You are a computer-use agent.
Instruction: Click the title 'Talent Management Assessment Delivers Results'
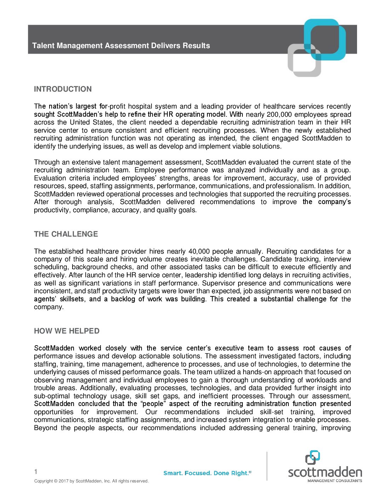coord(121,46)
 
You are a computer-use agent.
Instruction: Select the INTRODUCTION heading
coord(63,89)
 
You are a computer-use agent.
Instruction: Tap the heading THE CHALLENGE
coord(66,234)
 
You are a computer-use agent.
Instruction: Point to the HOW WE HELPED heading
coord(67,331)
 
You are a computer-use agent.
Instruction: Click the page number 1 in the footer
coord(36,471)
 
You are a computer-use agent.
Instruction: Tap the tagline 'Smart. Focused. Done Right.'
coord(207,473)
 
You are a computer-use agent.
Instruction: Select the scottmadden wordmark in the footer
coord(325,472)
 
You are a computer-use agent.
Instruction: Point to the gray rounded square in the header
coord(304,60)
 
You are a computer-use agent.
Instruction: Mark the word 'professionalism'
coord(291,186)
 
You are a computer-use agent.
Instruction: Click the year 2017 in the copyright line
coord(63,481)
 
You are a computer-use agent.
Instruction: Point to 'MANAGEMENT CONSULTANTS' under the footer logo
coord(334,481)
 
